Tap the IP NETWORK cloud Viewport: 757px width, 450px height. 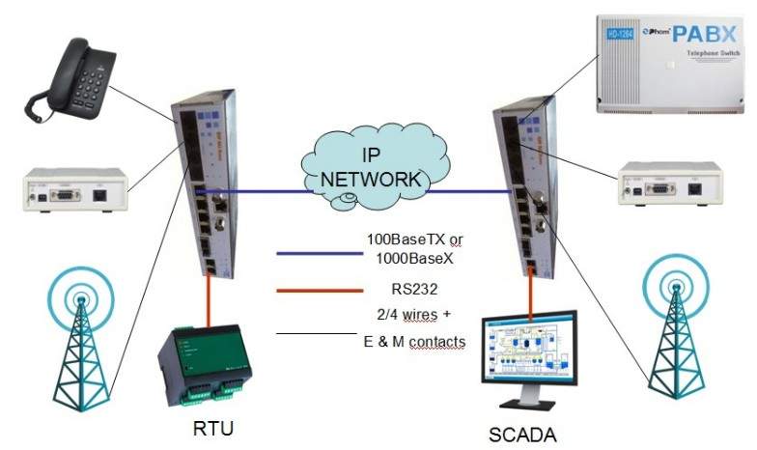pos(371,169)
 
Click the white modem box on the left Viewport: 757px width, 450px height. pos(73,191)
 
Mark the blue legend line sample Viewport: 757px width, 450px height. pos(310,255)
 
